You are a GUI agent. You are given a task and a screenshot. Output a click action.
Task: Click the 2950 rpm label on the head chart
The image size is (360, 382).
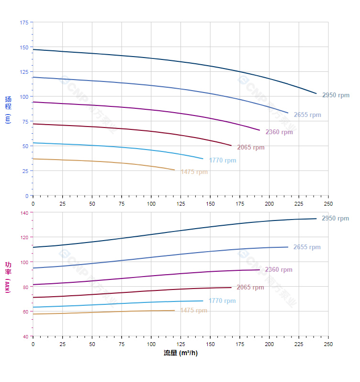click(336, 95)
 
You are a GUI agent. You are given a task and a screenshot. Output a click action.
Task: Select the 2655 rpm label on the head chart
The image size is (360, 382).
click(307, 115)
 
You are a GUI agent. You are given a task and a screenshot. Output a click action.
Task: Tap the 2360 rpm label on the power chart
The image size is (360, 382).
click(279, 270)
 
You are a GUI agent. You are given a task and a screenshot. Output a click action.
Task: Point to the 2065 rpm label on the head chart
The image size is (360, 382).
click(251, 148)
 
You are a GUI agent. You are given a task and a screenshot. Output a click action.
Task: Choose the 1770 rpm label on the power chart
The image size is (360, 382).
click(222, 301)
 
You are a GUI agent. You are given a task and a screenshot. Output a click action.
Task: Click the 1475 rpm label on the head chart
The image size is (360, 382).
click(194, 172)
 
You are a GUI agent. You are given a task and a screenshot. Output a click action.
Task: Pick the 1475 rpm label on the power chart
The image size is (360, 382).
click(194, 311)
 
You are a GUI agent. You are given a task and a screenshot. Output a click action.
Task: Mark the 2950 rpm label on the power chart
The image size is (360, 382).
click(335, 219)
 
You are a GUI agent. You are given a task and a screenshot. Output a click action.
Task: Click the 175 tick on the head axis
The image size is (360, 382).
click(24, 22)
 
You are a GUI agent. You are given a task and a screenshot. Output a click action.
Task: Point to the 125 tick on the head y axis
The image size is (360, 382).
click(24, 72)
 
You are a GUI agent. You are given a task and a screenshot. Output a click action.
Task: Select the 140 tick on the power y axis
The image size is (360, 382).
click(24, 212)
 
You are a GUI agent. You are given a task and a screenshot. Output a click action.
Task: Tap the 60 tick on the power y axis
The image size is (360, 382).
click(25, 312)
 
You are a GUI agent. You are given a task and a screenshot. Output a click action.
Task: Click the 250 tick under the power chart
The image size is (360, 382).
click(328, 344)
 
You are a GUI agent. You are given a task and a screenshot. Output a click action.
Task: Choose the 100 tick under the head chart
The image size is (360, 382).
click(151, 204)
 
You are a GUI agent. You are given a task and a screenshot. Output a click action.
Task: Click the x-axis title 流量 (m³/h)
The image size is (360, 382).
click(180, 353)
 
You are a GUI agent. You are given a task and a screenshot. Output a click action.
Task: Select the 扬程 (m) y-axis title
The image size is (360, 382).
click(8, 109)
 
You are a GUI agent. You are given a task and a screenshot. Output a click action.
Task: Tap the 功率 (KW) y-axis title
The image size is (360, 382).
click(8, 277)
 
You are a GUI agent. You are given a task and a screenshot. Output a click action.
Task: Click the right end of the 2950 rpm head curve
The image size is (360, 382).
click(316, 93)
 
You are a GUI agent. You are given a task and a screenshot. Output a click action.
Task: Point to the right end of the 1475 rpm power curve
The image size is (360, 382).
click(175, 311)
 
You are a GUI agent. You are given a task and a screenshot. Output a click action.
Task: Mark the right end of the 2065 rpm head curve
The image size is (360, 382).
click(231, 145)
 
